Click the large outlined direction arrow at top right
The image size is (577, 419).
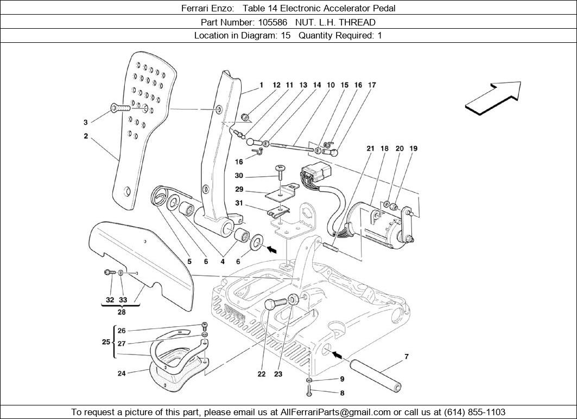coord(493,98)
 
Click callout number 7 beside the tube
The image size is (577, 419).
coord(406,357)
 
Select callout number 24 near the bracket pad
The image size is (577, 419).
coord(122,373)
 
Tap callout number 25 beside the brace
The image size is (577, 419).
coord(106,343)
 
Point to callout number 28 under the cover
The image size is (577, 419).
coord(121,312)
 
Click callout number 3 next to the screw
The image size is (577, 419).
coord(85,122)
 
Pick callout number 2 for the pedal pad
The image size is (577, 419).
coord(86,137)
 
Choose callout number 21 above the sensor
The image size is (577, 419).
coord(370,149)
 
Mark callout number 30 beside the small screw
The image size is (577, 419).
coord(239,176)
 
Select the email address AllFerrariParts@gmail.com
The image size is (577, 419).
coord(337,412)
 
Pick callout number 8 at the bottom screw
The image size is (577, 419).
coord(343,393)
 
